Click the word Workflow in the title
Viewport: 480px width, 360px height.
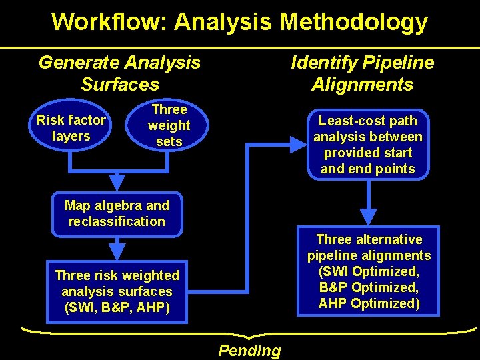click(x=109, y=22)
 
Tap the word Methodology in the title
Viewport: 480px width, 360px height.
click(x=354, y=22)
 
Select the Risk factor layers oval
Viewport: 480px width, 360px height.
click(x=71, y=128)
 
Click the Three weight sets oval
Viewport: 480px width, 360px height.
click(x=169, y=125)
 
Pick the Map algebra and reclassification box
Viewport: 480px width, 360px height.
click(x=117, y=213)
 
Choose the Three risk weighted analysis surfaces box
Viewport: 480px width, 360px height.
click(x=117, y=291)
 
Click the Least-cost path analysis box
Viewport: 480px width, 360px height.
click(x=368, y=145)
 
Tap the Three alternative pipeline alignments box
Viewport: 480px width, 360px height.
click(x=369, y=271)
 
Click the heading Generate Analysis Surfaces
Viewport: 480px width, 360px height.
click(x=119, y=73)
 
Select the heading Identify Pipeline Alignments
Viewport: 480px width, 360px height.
click(x=362, y=73)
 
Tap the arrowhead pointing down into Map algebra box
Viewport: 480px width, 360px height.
click(x=117, y=181)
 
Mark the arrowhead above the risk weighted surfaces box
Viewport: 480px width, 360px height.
click(x=117, y=251)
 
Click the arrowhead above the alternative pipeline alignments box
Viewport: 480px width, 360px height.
click(x=368, y=217)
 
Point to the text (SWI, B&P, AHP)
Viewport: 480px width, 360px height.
click(x=117, y=307)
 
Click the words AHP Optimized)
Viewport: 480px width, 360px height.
click(x=369, y=303)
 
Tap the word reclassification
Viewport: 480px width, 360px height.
click(x=117, y=221)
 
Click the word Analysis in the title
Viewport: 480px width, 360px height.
click(x=223, y=22)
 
